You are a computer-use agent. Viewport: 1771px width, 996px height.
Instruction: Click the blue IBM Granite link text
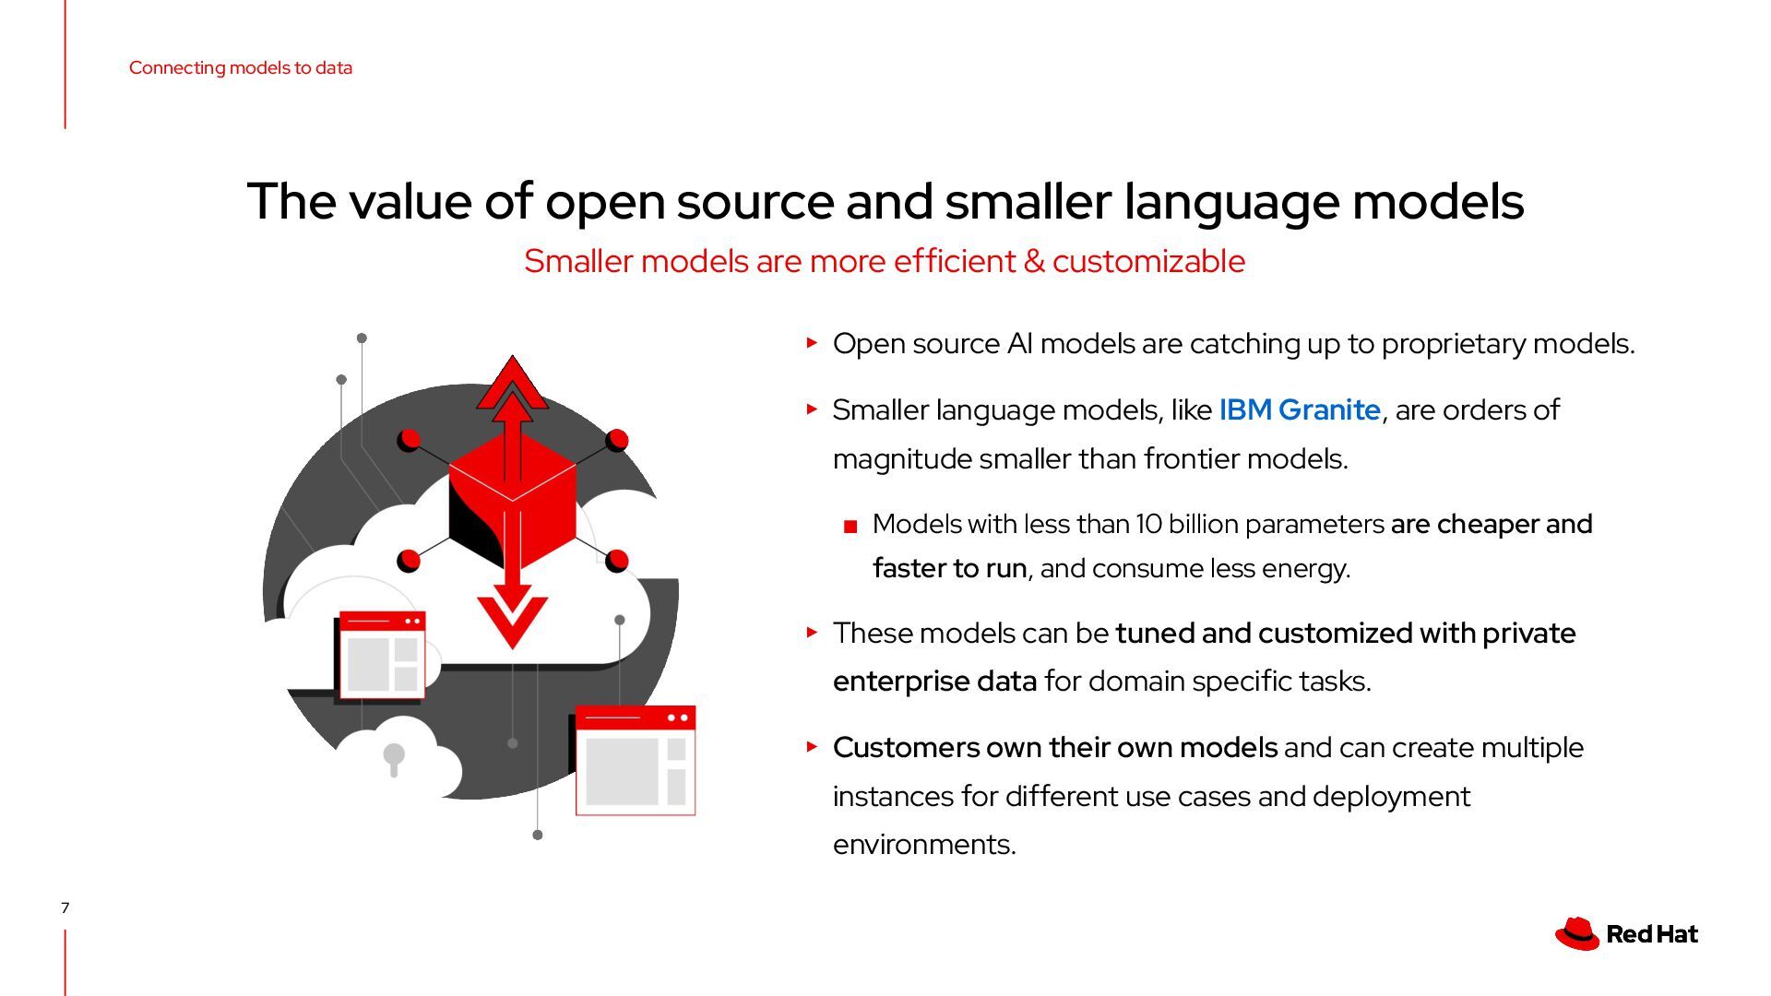coord(1299,409)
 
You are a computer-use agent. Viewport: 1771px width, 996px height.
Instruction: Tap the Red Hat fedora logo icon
coord(1576,933)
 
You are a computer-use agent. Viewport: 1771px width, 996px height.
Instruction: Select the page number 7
coord(65,907)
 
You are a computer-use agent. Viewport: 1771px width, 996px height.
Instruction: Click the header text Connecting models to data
coord(240,67)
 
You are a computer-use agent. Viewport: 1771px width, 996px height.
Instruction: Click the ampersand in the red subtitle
coord(1034,261)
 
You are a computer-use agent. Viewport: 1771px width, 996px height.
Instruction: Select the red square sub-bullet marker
coord(850,527)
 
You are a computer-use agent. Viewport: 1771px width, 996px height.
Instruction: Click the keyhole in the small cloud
coord(394,757)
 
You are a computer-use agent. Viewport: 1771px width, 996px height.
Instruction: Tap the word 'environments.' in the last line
coord(924,845)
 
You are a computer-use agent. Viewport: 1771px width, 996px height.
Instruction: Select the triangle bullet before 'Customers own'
coord(812,746)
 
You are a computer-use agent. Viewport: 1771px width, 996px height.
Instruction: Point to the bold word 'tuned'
coord(1154,634)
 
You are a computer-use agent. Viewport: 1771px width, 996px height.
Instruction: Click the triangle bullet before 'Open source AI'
coord(812,343)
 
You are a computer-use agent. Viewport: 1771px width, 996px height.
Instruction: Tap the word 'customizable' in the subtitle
coord(1148,261)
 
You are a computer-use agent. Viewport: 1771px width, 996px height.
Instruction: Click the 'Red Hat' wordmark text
coord(1651,934)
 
